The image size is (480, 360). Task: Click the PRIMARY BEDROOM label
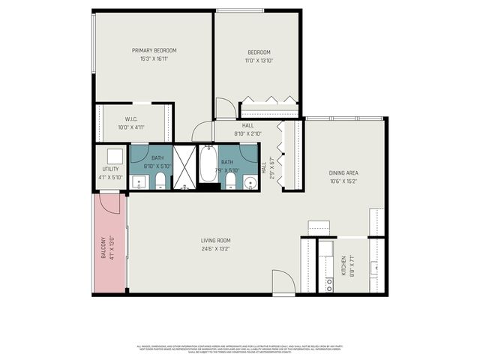click(154, 50)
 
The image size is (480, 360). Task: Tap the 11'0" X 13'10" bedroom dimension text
click(259, 60)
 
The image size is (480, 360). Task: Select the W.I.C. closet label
click(130, 119)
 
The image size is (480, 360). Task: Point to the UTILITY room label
click(110, 169)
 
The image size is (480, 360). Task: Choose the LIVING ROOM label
click(214, 240)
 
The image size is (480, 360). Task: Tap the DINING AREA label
click(343, 172)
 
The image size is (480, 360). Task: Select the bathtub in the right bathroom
click(208, 163)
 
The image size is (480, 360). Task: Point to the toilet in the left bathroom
click(160, 179)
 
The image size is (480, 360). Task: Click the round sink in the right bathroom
click(248, 181)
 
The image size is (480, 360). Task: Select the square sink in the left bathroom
click(139, 181)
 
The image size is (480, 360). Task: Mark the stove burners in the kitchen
click(328, 283)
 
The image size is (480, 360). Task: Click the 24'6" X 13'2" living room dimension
click(214, 248)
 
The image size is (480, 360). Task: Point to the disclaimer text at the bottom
click(239, 349)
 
